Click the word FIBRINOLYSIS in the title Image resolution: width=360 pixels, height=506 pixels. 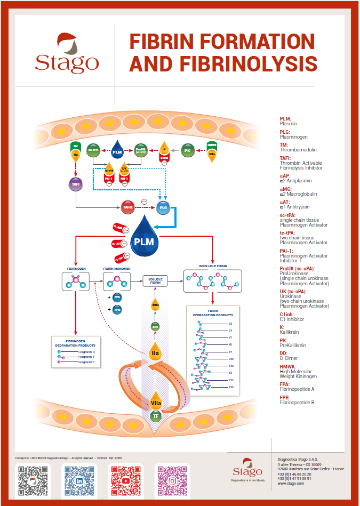coord(223,63)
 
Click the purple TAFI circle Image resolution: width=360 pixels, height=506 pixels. coord(76,184)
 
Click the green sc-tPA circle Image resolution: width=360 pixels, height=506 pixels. coord(93,150)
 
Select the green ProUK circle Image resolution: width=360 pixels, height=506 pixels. coord(141,150)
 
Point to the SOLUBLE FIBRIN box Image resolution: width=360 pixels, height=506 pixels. coord(156,280)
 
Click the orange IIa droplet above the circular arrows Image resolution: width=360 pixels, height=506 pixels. coord(155,352)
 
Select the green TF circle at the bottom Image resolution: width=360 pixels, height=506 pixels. coord(156,415)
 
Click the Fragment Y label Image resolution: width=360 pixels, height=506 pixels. coord(85,357)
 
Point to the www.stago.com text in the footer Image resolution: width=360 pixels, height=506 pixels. coord(291,483)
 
